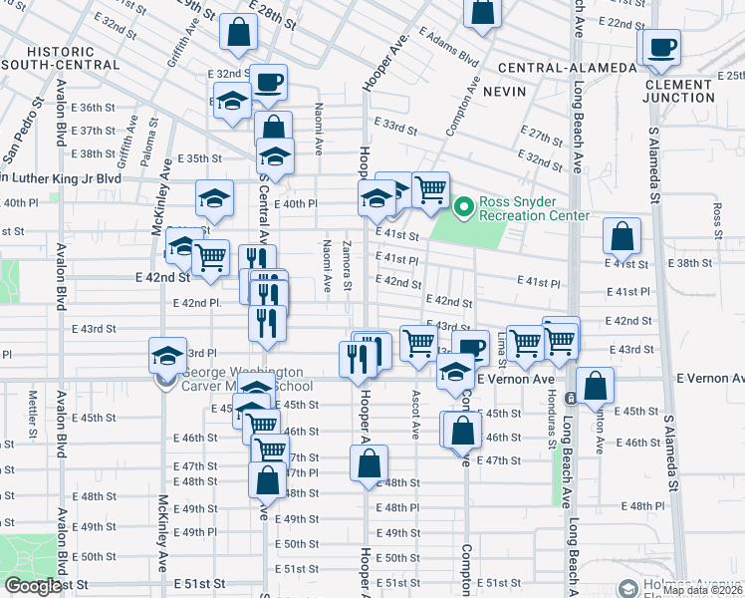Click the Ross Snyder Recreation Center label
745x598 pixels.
click(534, 208)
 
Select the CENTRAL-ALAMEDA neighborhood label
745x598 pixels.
click(567, 68)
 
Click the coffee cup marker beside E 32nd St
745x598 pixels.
click(268, 82)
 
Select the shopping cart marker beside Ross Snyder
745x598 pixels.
click(429, 188)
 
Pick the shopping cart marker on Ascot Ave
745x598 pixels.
click(418, 342)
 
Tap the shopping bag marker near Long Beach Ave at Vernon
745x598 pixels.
click(595, 385)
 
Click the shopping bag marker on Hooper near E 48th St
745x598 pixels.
click(368, 462)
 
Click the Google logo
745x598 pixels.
click(33, 587)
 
